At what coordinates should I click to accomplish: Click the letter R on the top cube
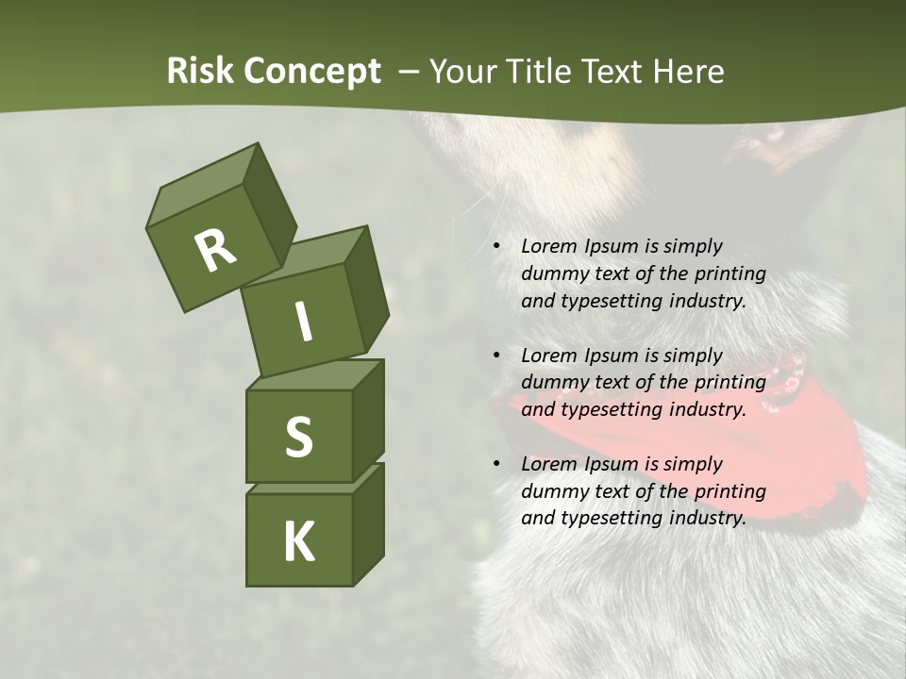click(216, 251)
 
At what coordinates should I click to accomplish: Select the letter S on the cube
click(298, 438)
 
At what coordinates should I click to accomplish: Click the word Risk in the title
click(199, 72)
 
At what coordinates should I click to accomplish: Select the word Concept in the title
click(312, 72)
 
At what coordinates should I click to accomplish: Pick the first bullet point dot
click(496, 247)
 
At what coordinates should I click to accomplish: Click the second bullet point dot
click(496, 356)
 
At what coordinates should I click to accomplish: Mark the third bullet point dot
click(496, 465)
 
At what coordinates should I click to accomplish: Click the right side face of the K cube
click(368, 523)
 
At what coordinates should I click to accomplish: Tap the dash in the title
click(409, 72)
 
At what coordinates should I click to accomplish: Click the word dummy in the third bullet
click(556, 491)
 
